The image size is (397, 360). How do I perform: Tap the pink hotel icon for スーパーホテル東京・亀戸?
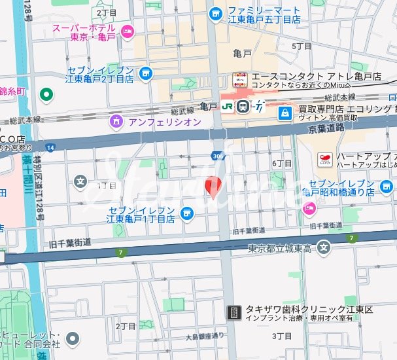pos(127,29)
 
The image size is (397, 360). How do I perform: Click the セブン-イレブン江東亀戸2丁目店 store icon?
pos(145,73)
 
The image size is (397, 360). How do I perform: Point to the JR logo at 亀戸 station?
pos(226,106)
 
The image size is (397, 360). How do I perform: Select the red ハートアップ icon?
pos(324,158)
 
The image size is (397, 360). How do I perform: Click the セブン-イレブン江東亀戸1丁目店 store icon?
pos(187,213)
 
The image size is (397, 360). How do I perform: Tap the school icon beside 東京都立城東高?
pos(323,247)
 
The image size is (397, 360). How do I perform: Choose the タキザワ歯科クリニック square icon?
pos(233,312)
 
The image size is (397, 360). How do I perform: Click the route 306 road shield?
pos(216,156)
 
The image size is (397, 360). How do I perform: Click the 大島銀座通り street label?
pos(205,336)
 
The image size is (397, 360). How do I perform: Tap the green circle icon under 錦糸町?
pos(46,95)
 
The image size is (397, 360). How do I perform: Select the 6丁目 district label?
pos(281,162)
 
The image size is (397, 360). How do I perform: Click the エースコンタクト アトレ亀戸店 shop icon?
pos(239,81)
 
